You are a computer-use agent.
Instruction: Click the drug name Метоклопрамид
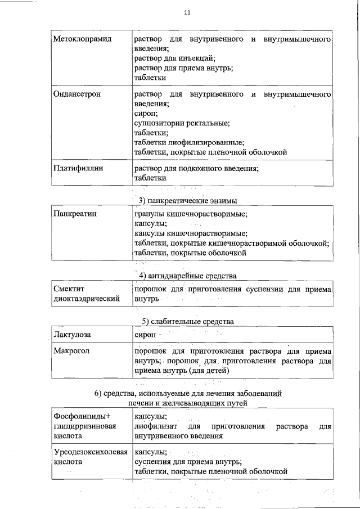(83, 39)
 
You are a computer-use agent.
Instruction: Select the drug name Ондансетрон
(77, 94)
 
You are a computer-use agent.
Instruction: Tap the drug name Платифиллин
(78, 168)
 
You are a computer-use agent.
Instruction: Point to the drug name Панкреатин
(75, 214)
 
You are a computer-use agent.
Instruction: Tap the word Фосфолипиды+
(83, 416)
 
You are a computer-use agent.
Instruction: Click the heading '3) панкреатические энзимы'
(187, 201)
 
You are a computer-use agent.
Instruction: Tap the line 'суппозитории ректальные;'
(182, 123)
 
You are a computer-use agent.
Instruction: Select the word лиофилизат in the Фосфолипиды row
(153, 426)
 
